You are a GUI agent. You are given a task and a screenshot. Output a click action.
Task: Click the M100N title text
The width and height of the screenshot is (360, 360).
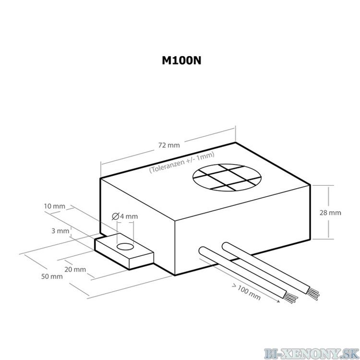(181, 60)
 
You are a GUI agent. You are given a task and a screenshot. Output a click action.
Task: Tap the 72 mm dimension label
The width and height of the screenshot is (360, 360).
(169, 145)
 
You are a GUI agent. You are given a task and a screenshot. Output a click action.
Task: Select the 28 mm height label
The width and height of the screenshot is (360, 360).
(330, 213)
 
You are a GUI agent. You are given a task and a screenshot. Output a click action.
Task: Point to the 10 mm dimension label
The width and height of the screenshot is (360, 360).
(55, 206)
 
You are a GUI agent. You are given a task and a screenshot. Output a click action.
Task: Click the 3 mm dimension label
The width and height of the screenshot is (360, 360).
(60, 231)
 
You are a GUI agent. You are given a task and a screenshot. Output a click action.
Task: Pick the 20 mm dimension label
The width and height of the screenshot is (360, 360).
(75, 269)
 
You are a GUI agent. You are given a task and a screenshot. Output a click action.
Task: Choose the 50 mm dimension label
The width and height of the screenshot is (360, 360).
(52, 276)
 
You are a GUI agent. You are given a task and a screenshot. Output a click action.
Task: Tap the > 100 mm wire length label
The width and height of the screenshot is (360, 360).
(246, 292)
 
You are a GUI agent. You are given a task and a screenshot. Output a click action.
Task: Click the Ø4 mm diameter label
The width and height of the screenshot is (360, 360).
(125, 216)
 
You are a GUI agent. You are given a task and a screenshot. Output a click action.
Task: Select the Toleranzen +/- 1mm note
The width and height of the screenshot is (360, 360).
(181, 162)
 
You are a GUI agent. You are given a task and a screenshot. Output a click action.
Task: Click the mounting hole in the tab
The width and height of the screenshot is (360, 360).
(125, 247)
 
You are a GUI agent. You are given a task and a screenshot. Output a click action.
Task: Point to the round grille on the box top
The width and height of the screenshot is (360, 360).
(227, 178)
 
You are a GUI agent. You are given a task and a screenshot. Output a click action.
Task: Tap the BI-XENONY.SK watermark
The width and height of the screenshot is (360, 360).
(312, 353)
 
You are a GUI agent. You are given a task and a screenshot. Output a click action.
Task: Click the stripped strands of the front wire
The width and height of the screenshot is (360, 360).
(291, 298)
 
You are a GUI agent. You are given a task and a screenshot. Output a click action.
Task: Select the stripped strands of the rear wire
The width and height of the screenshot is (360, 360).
(313, 294)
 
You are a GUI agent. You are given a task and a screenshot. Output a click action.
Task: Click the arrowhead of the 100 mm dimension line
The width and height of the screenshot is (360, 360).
(278, 301)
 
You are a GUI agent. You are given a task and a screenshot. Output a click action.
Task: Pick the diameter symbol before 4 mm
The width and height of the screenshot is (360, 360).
(115, 216)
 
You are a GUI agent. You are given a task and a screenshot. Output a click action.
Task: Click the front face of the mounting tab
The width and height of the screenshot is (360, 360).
(112, 254)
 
